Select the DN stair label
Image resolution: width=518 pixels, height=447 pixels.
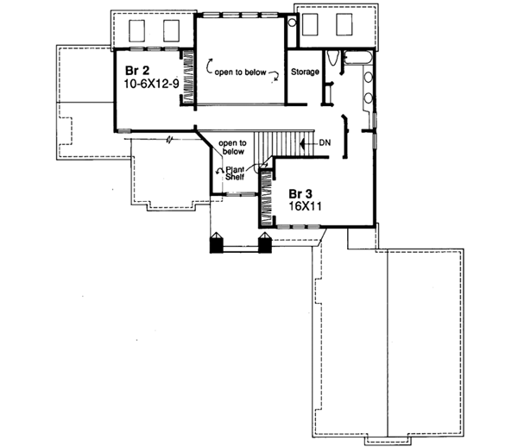point(325,141)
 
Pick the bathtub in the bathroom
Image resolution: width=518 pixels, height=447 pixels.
point(357,59)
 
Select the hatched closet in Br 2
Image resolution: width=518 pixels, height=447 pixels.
point(186,75)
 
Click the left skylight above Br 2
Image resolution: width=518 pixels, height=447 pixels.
point(137,32)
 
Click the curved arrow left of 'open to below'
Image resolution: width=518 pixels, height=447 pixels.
point(210,63)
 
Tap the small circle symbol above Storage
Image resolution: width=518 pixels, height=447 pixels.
point(291,23)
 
